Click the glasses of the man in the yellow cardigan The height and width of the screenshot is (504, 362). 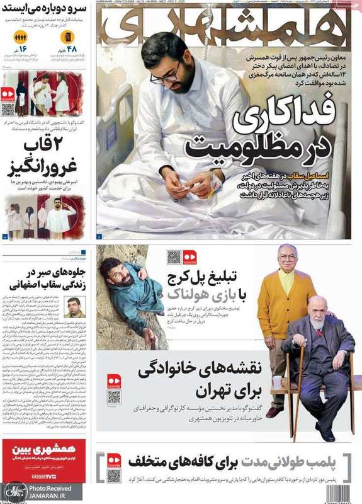pyautogui.click(x=287, y=257)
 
